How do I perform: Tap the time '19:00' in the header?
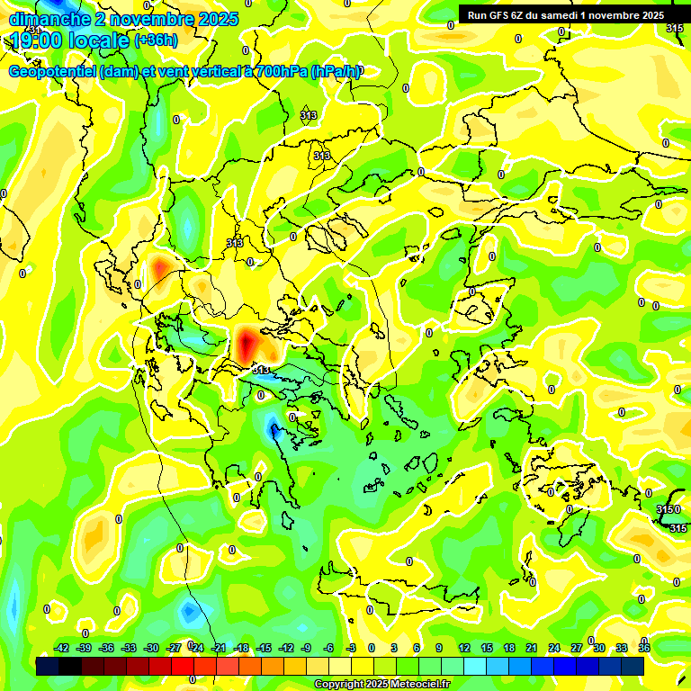(38, 40)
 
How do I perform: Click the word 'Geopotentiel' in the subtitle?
(52, 72)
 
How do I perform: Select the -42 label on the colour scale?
(61, 648)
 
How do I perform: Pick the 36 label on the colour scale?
(644, 648)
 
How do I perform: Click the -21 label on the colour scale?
(219, 648)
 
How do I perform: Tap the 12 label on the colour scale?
(463, 648)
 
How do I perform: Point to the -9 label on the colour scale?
(306, 648)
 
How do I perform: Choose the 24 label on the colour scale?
(554, 648)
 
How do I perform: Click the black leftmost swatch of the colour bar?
(48, 666)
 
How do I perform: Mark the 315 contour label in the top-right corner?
(674, 29)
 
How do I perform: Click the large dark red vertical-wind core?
(247, 344)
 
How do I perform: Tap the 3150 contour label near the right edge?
(667, 510)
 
